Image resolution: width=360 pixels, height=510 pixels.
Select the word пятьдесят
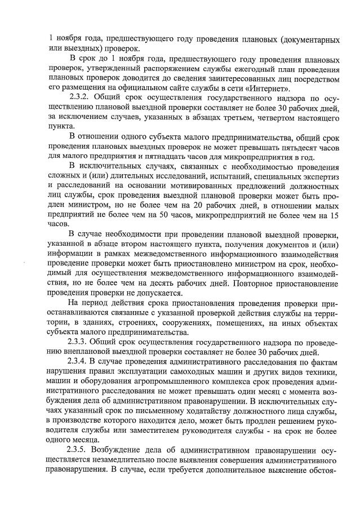[x=279, y=147]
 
